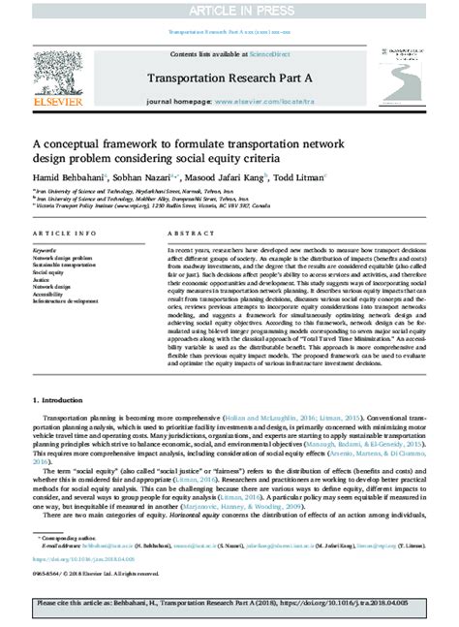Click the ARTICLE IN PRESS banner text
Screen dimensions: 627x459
coord(229,10)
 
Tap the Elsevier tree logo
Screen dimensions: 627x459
coord(47,73)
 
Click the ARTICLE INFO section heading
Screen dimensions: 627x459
coord(65,235)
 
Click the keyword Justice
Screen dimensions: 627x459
coord(44,281)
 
